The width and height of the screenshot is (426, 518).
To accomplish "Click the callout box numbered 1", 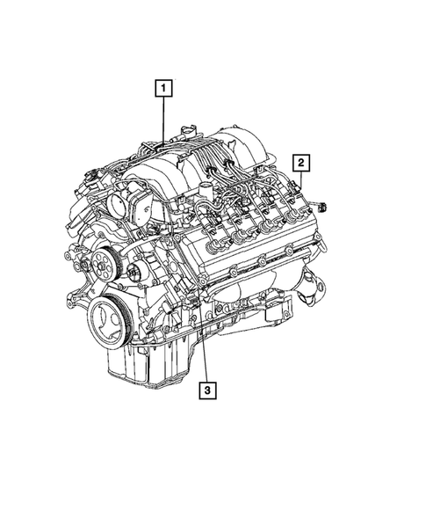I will click(x=162, y=88).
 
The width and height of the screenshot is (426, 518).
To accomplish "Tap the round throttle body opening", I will click(x=119, y=204).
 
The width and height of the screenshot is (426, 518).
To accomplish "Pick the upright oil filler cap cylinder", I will click(x=207, y=194).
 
